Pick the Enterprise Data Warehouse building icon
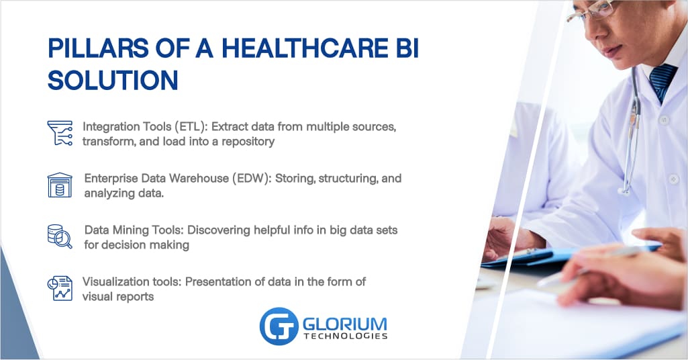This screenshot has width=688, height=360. (59, 185)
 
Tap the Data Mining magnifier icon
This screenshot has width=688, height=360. (60, 236)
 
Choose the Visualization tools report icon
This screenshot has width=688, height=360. (60, 287)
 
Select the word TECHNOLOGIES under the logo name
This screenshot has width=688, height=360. (345, 335)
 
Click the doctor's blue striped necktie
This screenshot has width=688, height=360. (661, 80)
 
